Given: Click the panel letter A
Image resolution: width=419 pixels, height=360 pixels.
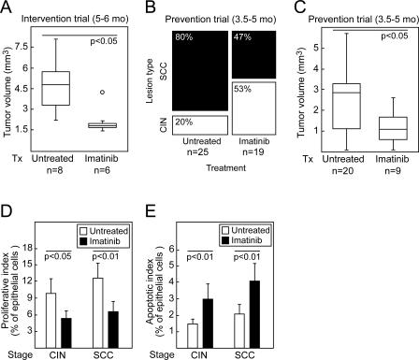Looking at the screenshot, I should coord(7,8).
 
